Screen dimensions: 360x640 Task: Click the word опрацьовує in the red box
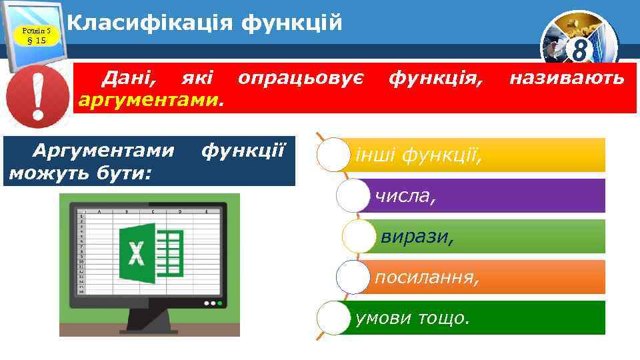[x=300, y=79]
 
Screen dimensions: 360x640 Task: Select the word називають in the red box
[x=567, y=79]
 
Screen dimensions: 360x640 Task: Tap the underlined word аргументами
[x=149, y=100]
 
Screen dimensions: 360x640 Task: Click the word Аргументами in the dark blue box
[x=106, y=151]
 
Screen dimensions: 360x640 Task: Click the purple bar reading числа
[x=487, y=195]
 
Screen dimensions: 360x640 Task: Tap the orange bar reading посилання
[x=487, y=277]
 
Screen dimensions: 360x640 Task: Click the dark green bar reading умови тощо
[x=480, y=317]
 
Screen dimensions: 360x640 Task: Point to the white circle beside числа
[x=353, y=196]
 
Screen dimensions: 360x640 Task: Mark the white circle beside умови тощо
[x=333, y=318]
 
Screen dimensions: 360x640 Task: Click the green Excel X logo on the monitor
[x=137, y=254]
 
